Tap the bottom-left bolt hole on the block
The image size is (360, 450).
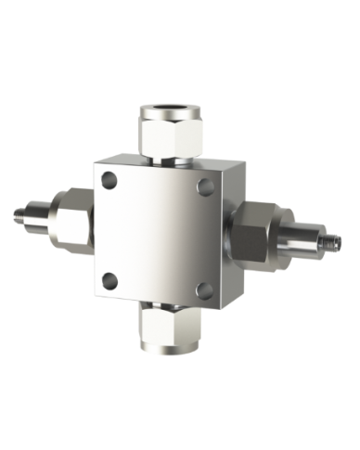[110, 278]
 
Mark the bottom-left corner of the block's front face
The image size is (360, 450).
[96, 290]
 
